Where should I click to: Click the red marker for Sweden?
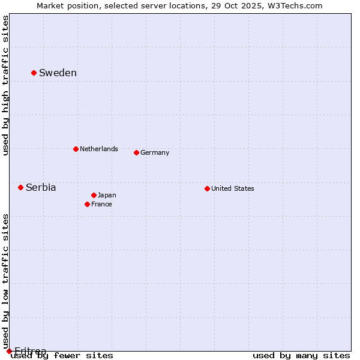tap(34, 73)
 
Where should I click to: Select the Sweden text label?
tap(58, 73)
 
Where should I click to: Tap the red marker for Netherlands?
tap(76, 149)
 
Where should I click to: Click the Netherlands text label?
tap(99, 149)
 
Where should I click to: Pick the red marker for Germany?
tap(136, 152)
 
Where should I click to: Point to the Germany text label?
tap(155, 152)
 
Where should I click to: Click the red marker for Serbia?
tap(20, 187)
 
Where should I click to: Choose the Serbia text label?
tap(41, 188)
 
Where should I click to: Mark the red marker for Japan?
tap(94, 195)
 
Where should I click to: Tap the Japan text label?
tap(107, 195)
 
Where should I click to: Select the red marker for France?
tap(87, 204)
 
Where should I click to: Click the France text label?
tap(101, 204)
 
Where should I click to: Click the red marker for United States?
tap(207, 188)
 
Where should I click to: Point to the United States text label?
tap(233, 188)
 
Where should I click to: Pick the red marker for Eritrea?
tap(9, 351)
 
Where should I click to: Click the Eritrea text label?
tap(30, 351)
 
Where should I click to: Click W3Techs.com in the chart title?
tap(295, 5)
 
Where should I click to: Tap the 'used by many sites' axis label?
tap(301, 356)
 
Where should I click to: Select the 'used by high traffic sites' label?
tap(5, 85)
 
